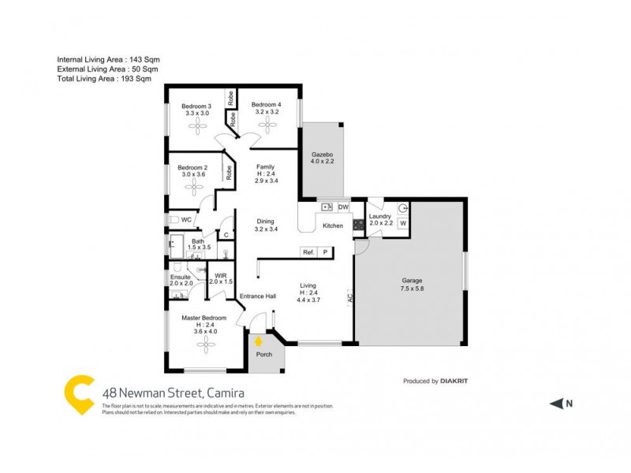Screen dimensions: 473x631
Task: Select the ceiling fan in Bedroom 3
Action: pos(196,126)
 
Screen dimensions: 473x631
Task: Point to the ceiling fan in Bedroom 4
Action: pos(266,126)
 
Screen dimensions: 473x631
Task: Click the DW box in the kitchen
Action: pos(343,207)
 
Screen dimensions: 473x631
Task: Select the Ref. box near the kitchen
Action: pos(308,252)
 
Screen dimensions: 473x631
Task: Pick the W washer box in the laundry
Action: pos(402,223)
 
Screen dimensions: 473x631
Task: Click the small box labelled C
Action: pos(226,234)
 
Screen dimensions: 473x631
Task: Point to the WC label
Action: pos(187,219)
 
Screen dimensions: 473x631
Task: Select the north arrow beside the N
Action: pos(555,404)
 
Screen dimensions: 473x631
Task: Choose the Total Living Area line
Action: pos(104,79)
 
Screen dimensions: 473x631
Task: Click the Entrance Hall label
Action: pos(258,296)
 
